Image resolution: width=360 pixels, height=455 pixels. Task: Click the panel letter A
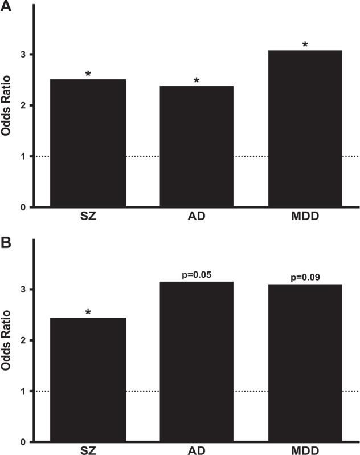[x=7, y=8]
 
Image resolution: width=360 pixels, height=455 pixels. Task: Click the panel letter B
[x=6, y=242]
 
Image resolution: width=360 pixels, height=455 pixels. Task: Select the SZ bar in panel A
[x=88, y=143]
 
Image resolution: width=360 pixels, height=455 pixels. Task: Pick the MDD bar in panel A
[x=305, y=129]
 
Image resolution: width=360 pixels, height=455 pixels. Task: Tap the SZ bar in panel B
[x=88, y=380]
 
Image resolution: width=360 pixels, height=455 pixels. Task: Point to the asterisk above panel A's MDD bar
[x=305, y=44]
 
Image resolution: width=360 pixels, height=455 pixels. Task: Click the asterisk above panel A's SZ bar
[x=88, y=74]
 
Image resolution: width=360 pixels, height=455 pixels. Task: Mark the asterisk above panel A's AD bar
[x=196, y=81]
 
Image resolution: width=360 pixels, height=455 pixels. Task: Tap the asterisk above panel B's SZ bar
[x=88, y=312]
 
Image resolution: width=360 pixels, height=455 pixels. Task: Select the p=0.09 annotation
[x=305, y=278]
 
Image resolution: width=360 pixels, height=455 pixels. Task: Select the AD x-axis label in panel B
[x=196, y=450]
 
